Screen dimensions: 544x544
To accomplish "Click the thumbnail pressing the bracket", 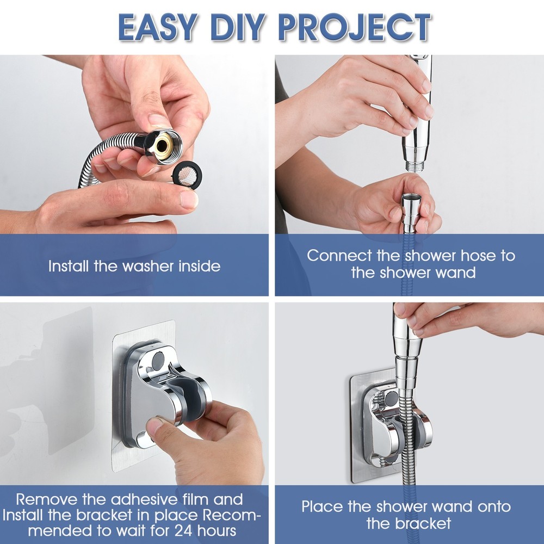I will click(x=156, y=426).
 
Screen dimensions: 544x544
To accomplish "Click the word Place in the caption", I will click(x=323, y=507).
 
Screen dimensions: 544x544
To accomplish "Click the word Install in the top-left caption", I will click(x=69, y=266).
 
